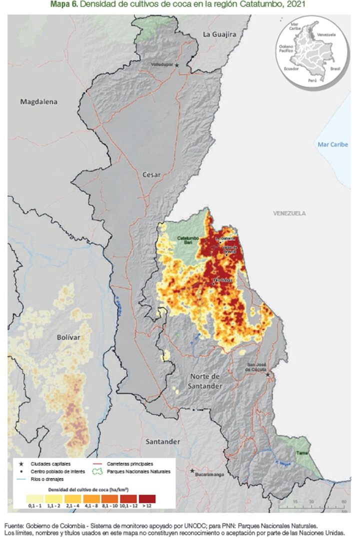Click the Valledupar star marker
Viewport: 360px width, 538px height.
point(176,65)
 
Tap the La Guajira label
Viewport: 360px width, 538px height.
point(218,34)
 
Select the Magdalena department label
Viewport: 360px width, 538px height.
point(38,101)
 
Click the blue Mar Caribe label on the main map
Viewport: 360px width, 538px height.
point(332,144)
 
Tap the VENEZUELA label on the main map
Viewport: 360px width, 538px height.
point(289,213)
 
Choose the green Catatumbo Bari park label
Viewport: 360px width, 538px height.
point(188,240)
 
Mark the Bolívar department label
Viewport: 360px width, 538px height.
point(68,337)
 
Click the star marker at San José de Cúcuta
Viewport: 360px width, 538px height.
point(268,374)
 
